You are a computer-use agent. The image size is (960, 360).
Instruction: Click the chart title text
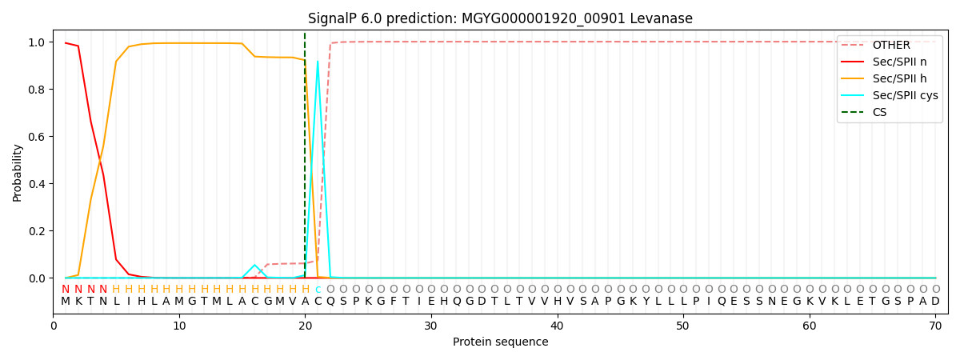point(500,18)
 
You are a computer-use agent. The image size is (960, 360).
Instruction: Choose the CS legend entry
point(879,112)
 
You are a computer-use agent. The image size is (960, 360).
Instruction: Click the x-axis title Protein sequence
point(500,342)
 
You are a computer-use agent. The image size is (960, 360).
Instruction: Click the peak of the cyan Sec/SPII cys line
point(318,61)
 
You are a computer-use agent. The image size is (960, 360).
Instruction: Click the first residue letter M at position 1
point(66,302)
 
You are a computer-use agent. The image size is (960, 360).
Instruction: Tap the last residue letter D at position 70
point(935,302)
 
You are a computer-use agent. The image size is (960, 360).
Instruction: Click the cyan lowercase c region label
point(318,290)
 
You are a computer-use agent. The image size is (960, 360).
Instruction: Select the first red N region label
point(66,290)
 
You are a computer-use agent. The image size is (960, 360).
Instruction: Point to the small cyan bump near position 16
point(254,265)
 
